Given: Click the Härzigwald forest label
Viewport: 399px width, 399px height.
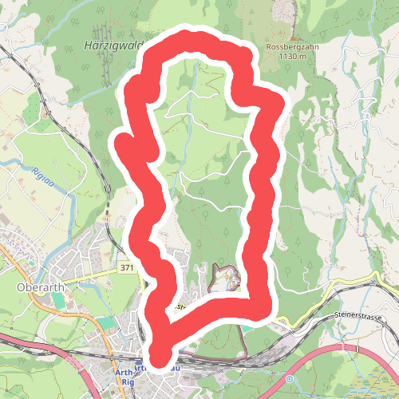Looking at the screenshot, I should pos(111,45).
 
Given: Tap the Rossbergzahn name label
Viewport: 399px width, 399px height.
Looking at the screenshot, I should pos(293,47).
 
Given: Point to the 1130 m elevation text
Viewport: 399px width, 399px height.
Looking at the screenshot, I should pos(293,57).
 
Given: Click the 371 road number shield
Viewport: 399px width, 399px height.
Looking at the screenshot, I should pos(127,269).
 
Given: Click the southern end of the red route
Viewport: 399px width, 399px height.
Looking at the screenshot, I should pos(160,357).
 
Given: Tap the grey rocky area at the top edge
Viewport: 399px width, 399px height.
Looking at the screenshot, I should pos(285,12).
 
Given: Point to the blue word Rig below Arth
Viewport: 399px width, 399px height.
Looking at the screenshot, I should pos(128,382).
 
